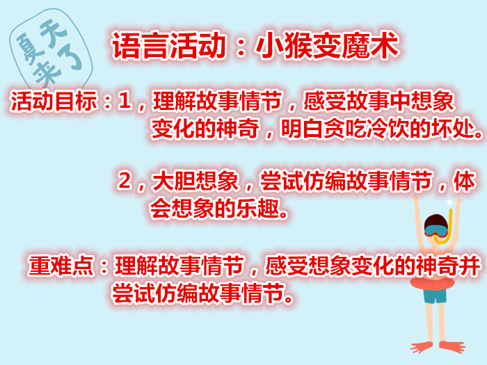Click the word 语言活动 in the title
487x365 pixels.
click(x=168, y=46)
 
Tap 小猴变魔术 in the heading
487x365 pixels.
click(x=327, y=46)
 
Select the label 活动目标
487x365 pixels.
click(x=54, y=101)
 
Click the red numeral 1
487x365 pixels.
click(x=125, y=101)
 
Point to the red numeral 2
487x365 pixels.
click(x=125, y=181)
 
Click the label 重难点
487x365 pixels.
click(x=61, y=266)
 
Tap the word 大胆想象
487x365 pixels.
click(x=195, y=181)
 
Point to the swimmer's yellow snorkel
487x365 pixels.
click(x=447, y=226)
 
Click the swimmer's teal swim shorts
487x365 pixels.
click(x=435, y=295)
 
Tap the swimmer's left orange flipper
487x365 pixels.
click(x=422, y=346)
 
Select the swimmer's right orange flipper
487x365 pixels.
click(x=452, y=346)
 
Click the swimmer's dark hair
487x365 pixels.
click(x=436, y=222)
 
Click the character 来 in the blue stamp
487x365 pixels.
click(x=47, y=73)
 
